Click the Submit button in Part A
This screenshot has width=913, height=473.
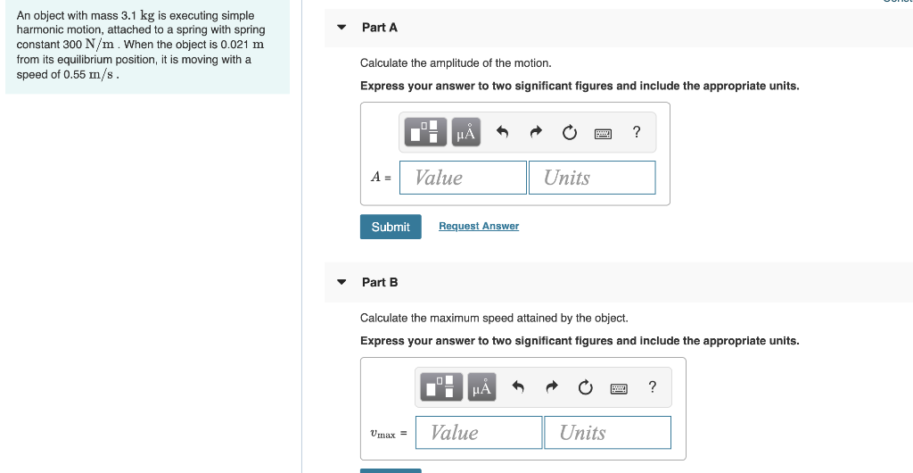[x=391, y=227]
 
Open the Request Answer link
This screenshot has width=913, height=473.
[x=479, y=227]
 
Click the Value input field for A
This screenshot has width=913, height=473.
[x=463, y=178]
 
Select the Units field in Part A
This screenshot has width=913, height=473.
[x=591, y=178]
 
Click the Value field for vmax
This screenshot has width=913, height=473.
[x=479, y=433]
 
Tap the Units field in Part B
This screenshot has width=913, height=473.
[x=607, y=433]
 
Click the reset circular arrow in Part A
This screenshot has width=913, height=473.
[x=570, y=133]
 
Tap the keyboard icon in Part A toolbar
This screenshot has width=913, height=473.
[x=604, y=133]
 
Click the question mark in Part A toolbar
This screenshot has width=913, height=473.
[x=636, y=132]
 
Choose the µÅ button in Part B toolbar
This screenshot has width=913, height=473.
[x=482, y=387]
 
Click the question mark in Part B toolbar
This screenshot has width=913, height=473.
[x=652, y=386]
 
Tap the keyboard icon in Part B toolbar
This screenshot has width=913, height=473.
[x=620, y=388]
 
